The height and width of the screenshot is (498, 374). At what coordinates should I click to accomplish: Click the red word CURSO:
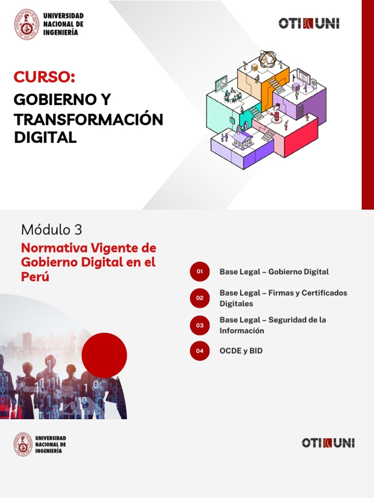[44, 77]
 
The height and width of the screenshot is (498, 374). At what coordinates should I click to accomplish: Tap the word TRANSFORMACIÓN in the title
[89, 119]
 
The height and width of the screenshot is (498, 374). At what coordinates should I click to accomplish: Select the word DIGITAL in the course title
[45, 138]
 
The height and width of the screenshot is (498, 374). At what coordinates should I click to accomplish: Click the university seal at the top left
[27, 24]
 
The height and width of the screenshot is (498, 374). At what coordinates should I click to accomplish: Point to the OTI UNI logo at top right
[309, 23]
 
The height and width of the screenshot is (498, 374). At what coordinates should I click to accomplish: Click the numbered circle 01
[200, 271]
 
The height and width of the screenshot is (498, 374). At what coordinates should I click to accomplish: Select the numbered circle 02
[200, 298]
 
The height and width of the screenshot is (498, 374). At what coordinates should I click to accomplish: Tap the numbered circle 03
[200, 325]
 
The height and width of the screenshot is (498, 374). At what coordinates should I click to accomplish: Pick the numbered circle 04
[200, 351]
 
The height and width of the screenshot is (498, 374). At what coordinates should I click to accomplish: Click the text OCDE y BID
[241, 351]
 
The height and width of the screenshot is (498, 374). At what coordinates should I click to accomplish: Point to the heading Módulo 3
[52, 230]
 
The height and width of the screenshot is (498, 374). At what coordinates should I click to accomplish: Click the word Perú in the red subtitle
[35, 277]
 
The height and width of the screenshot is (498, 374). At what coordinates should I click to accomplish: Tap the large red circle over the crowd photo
[104, 356]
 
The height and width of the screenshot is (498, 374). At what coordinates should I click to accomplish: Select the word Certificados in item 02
[324, 293]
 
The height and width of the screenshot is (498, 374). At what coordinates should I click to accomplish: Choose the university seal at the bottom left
[23, 445]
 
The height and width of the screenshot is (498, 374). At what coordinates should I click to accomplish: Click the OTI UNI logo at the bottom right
[328, 443]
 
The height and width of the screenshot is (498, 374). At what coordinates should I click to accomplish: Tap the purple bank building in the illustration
[242, 139]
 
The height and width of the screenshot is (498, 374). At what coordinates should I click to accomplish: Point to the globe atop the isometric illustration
[267, 59]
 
